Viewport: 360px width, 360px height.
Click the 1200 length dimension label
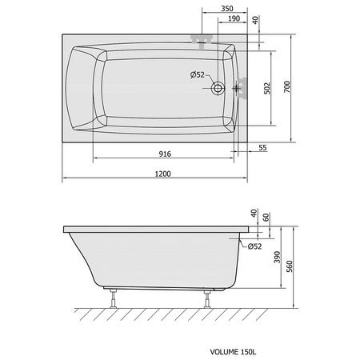(x=163, y=174)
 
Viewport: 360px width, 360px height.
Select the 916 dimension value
(x=165, y=154)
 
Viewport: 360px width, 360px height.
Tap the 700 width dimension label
(x=287, y=86)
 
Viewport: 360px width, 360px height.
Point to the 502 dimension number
(x=267, y=88)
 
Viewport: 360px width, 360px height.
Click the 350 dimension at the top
(x=227, y=9)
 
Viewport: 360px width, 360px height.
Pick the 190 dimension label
(x=234, y=18)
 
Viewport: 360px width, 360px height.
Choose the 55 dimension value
(x=262, y=148)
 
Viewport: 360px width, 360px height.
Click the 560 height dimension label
(x=290, y=266)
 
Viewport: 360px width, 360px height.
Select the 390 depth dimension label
(x=278, y=257)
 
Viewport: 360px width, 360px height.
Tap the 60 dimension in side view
(x=266, y=217)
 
